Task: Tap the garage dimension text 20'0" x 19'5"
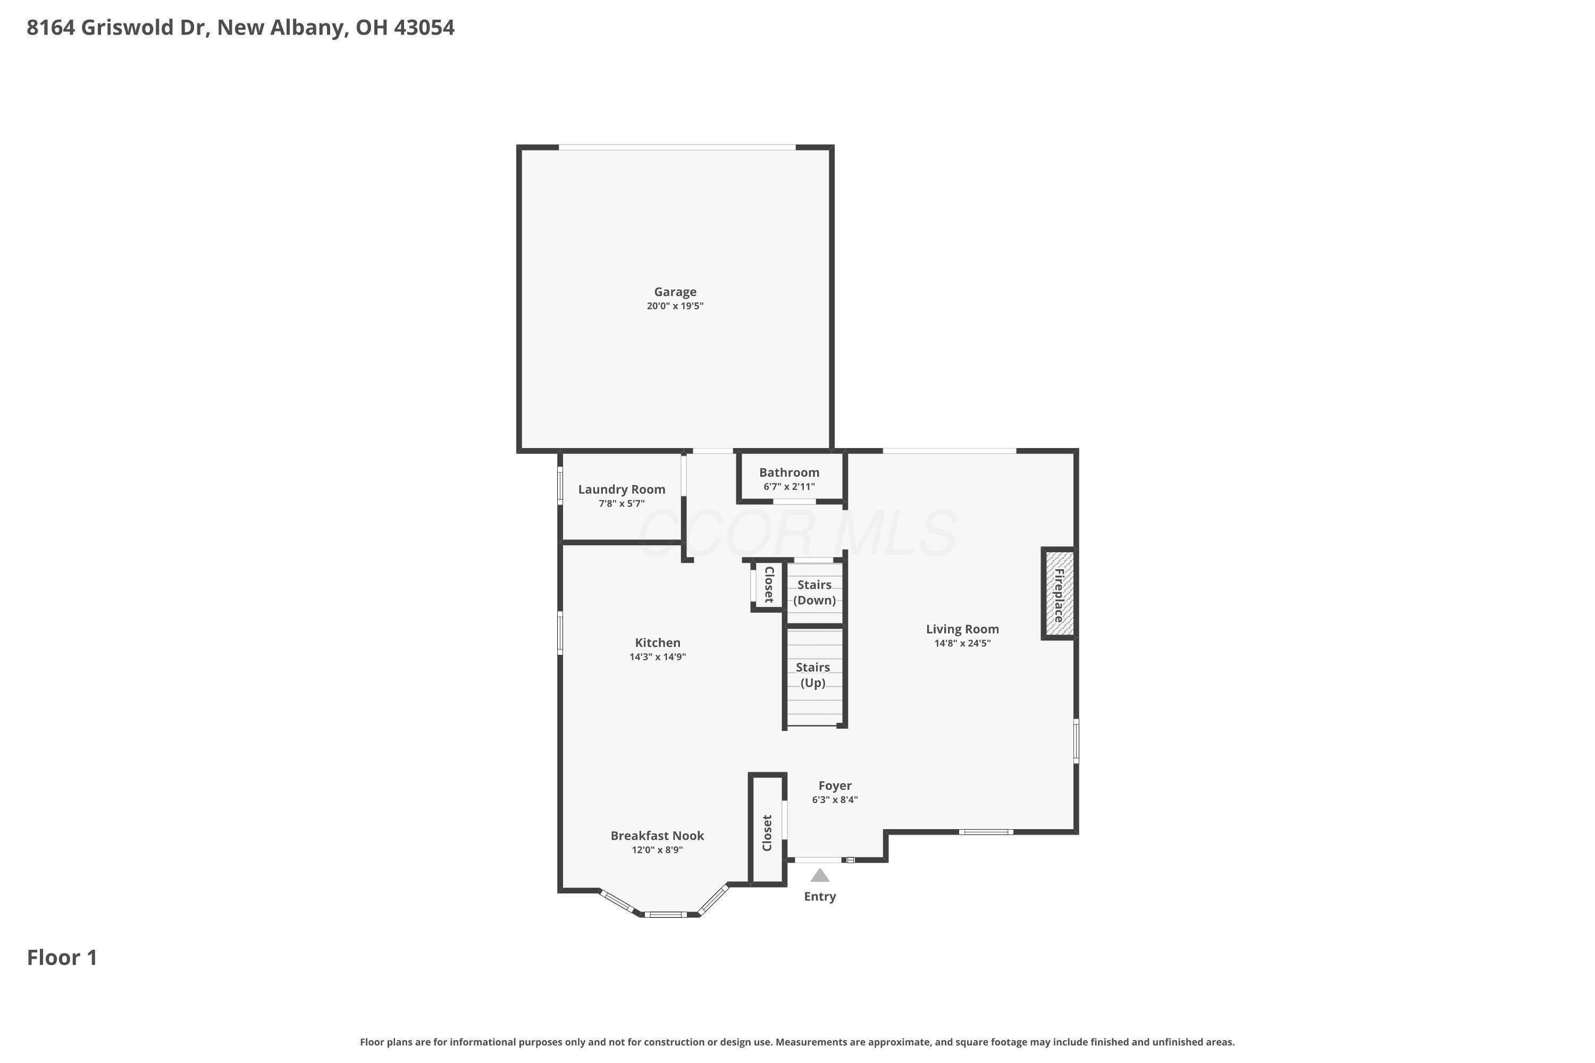coord(675,306)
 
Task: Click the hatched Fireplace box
coord(1059,594)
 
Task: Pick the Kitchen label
coord(657,642)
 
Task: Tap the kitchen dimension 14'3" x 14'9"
coord(657,656)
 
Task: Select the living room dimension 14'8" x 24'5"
coord(962,643)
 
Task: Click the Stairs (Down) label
coord(815,592)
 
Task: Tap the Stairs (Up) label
coord(812,674)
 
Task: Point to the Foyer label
coord(835,785)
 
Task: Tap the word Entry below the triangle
coord(820,896)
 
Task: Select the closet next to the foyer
coord(768,830)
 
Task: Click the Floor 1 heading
coord(62,957)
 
